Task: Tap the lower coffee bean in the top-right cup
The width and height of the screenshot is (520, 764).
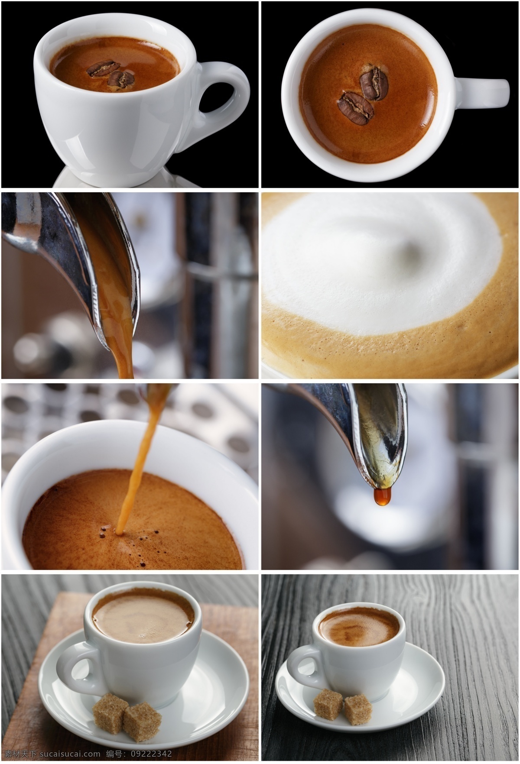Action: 356,108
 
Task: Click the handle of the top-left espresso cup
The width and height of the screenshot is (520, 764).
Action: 221,100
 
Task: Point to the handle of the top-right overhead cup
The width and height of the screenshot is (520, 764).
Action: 481,92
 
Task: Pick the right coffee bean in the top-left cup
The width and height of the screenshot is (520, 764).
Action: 121,79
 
